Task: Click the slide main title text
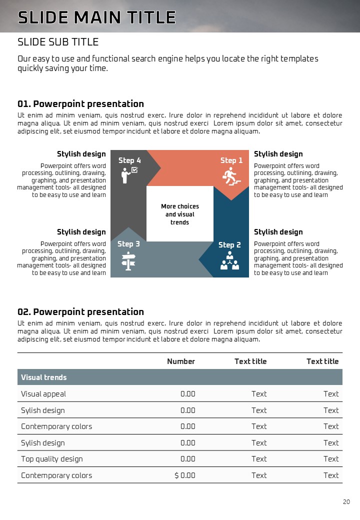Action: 96,17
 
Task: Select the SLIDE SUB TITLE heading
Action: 58,42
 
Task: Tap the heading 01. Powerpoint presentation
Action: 80,104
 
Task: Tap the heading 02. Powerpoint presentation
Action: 80,312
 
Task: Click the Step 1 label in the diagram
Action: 231,160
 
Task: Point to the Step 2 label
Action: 229,245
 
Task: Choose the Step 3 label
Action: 128,244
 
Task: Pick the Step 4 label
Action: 129,160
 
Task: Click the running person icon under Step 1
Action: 230,176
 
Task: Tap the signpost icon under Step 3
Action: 128,261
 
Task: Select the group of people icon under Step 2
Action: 230,261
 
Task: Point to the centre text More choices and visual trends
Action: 180,214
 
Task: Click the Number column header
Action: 181,361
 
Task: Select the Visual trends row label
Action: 44,377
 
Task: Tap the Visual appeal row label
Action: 43,394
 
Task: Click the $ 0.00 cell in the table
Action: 185,475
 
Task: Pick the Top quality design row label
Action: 52,459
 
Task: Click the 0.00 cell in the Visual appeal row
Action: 187,394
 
